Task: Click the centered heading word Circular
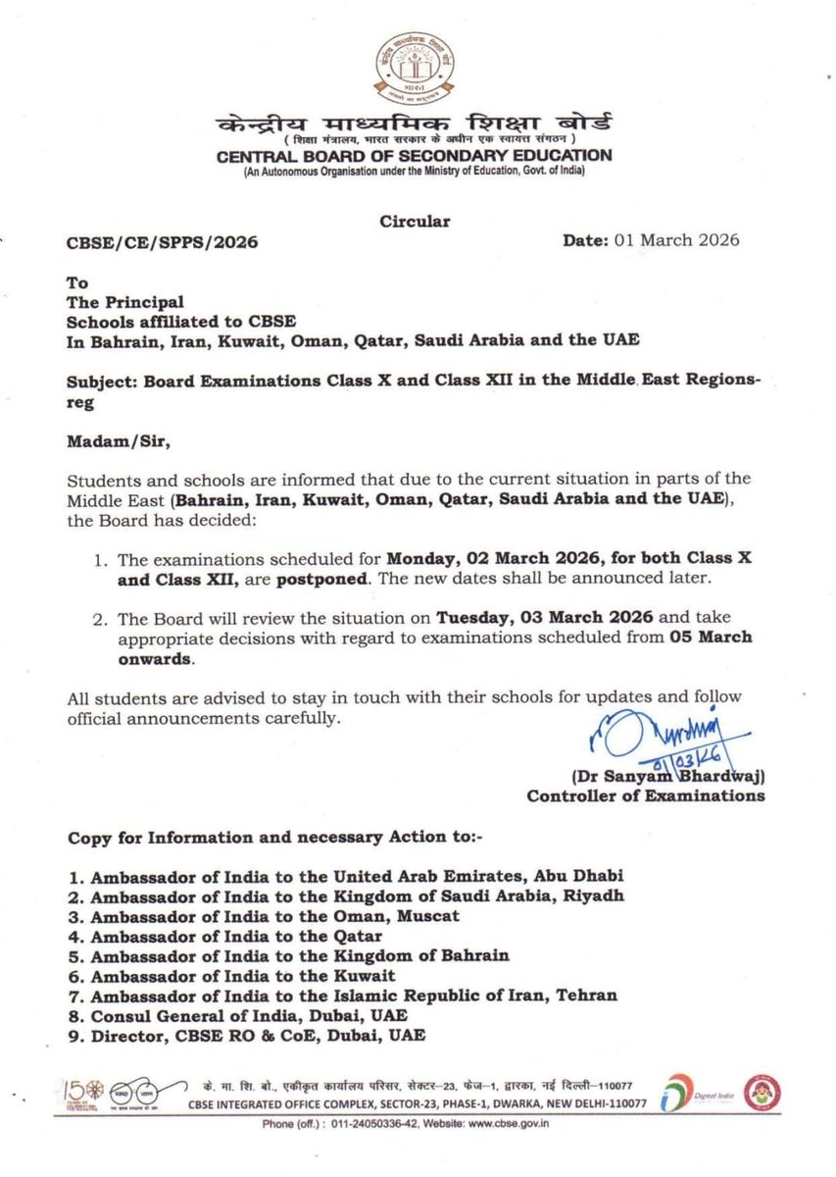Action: pos(415,222)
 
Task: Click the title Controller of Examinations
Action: pos(646,795)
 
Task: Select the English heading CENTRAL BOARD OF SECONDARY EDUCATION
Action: pos(415,155)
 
